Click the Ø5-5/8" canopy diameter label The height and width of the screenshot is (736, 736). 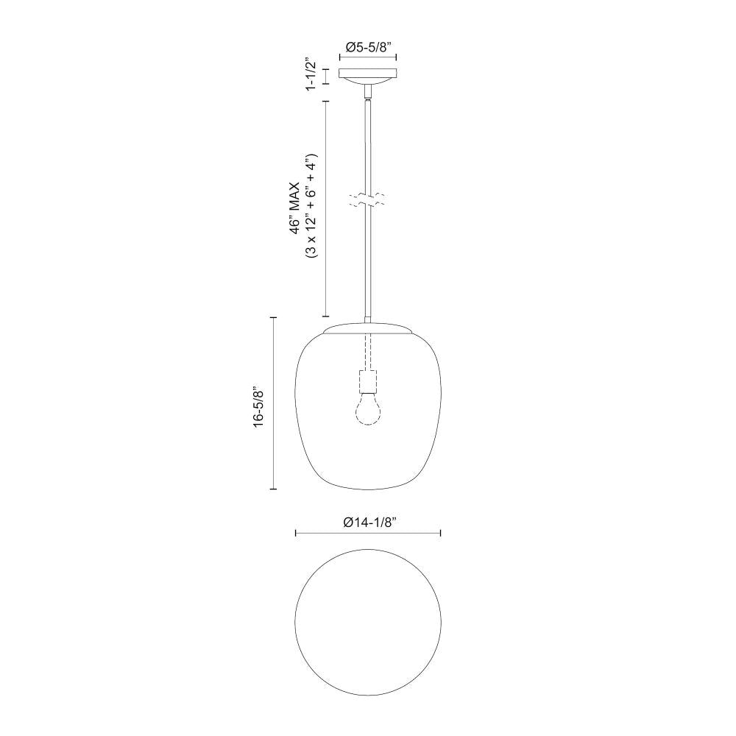[x=368, y=46]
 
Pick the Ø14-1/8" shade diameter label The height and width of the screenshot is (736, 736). [x=369, y=522]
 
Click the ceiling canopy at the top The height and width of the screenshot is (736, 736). [x=368, y=74]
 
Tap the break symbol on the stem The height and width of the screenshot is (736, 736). [x=368, y=199]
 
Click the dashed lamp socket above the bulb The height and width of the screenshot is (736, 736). [x=368, y=381]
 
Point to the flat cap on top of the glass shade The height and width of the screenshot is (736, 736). [x=368, y=327]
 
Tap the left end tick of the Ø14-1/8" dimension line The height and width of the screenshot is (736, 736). [x=295, y=533]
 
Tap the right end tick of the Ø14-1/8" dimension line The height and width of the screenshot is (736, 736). [x=440, y=533]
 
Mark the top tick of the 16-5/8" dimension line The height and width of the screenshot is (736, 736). [x=274, y=317]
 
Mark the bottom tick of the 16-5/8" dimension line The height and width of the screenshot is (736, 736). [x=274, y=488]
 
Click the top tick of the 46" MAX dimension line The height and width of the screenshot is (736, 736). [x=326, y=100]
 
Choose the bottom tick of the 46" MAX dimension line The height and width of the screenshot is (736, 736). [x=326, y=314]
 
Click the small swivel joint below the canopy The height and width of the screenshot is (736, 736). [x=368, y=91]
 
